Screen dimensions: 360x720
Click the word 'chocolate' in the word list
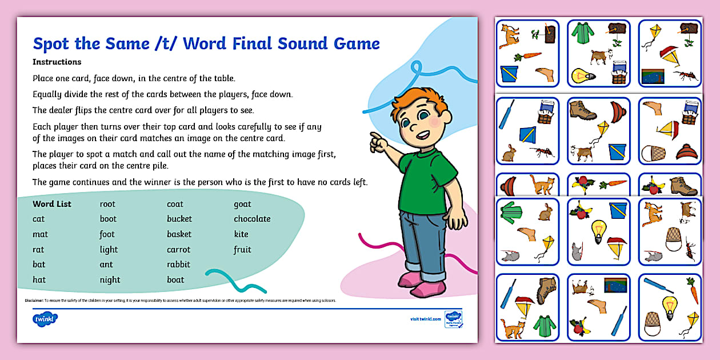(x=252, y=219)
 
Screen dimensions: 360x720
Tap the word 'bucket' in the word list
(x=179, y=219)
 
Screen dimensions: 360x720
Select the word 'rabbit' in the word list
(x=178, y=265)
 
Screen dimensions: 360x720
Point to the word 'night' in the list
(x=110, y=280)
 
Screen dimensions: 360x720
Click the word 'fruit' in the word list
(x=242, y=250)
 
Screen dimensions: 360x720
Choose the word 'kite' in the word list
(x=241, y=234)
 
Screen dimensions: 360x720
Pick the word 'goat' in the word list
(x=242, y=204)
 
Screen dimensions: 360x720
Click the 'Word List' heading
(x=52, y=204)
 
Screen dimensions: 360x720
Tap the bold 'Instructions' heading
(x=57, y=62)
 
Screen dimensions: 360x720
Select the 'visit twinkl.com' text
(x=425, y=319)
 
